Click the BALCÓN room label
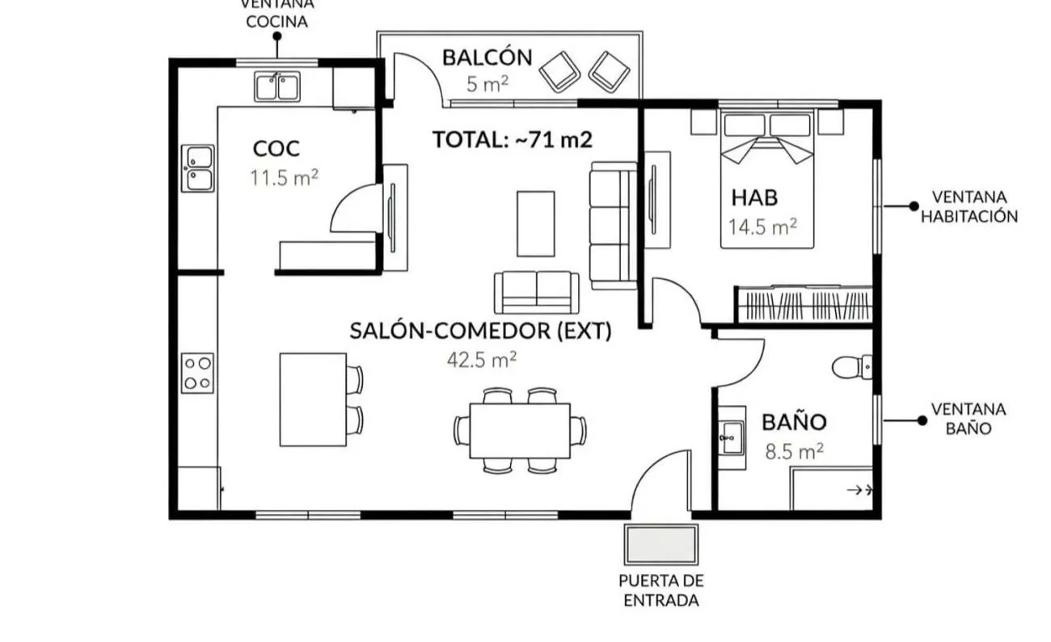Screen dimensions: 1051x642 (x=487, y=57)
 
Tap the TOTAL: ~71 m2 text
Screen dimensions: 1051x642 (x=512, y=139)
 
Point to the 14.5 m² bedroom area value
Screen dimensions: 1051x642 (x=762, y=226)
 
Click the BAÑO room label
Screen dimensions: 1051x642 (x=794, y=421)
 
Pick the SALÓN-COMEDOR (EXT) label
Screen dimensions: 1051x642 (x=480, y=331)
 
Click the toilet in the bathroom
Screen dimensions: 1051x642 (x=852, y=367)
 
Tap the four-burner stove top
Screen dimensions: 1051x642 (x=197, y=373)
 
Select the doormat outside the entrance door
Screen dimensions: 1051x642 (x=661, y=544)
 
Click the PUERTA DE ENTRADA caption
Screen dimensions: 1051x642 (x=661, y=590)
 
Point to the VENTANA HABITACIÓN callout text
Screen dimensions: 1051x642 (x=969, y=206)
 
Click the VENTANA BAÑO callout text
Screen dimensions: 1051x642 (x=969, y=419)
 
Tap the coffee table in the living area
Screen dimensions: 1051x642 (x=536, y=224)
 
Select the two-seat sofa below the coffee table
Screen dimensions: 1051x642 (x=536, y=293)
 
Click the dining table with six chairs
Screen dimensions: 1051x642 (x=520, y=430)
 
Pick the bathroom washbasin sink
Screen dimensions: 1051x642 (x=732, y=438)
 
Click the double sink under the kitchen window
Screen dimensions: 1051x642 (x=277, y=87)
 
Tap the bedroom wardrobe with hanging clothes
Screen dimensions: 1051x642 (x=804, y=304)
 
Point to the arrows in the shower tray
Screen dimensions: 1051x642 (x=859, y=490)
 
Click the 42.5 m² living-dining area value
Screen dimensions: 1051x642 (x=481, y=360)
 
